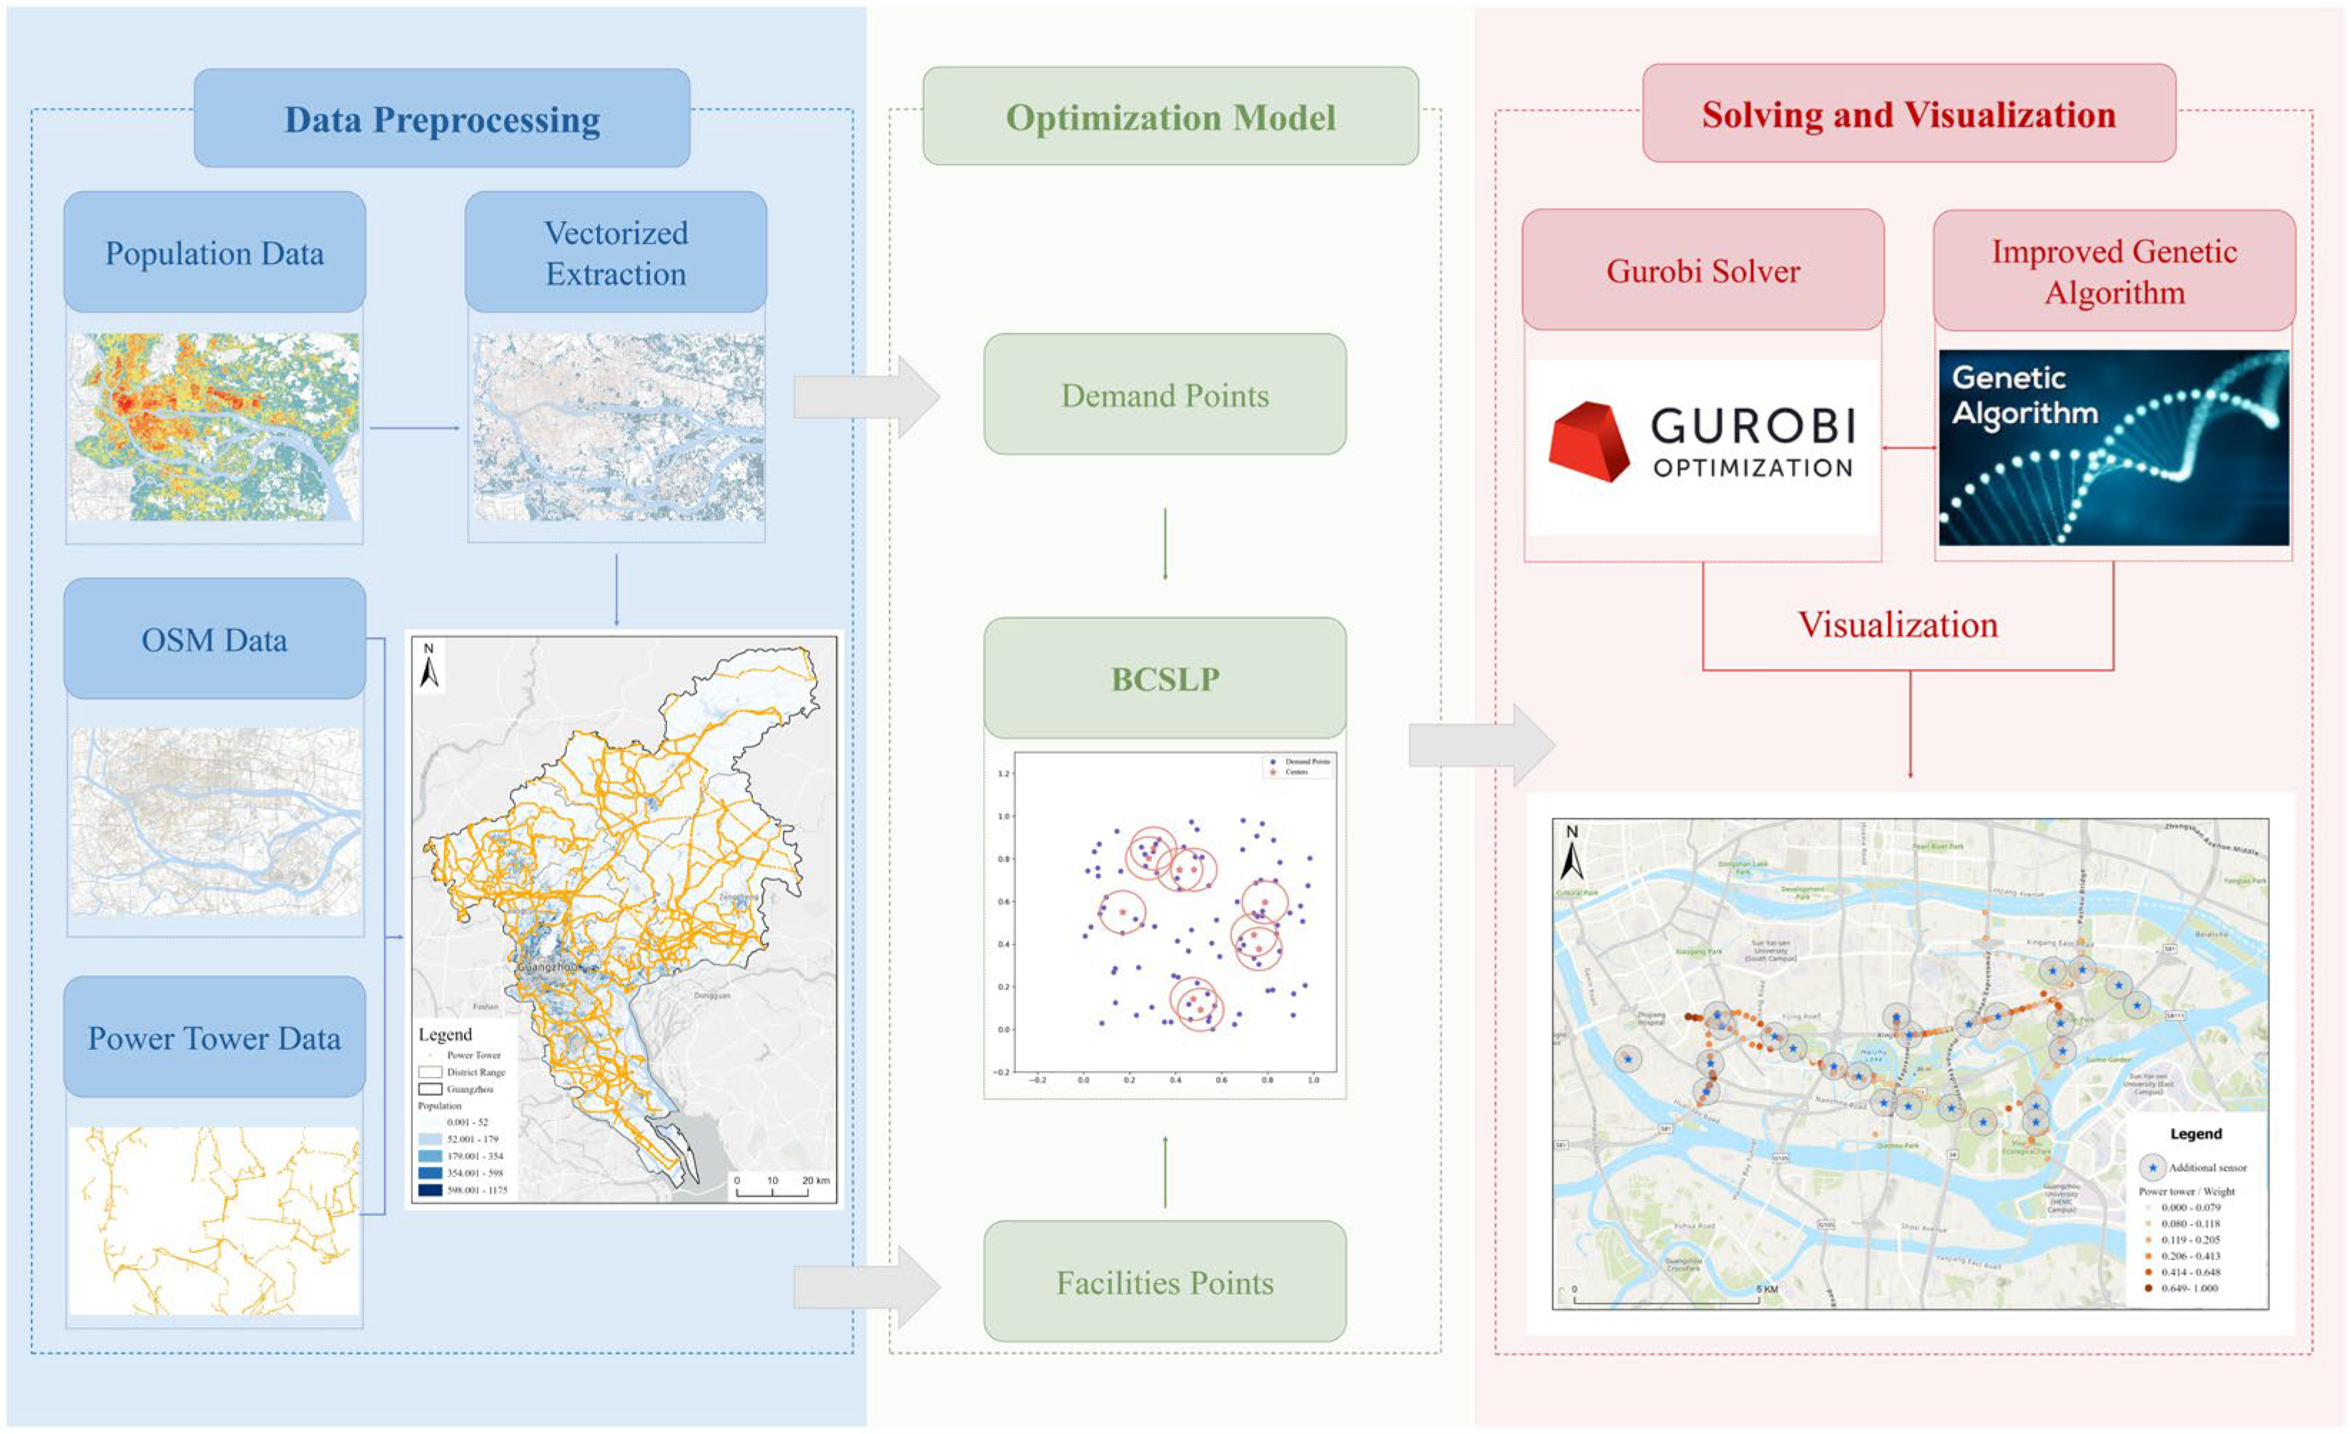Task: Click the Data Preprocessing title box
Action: point(442,118)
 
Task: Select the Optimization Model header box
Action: point(1170,117)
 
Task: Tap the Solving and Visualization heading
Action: point(1908,114)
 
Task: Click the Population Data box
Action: point(215,253)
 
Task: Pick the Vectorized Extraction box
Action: point(616,253)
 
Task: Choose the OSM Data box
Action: point(215,639)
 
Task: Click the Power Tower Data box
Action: point(215,1037)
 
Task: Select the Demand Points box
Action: point(1165,394)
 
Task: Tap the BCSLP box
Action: point(1165,678)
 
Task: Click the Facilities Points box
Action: point(1165,1282)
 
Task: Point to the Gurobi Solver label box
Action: point(1702,271)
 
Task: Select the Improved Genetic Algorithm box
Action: point(2114,271)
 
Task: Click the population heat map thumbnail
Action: point(215,426)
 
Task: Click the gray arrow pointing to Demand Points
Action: point(864,397)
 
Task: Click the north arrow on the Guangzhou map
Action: point(429,666)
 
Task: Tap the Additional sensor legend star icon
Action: point(2152,1167)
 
